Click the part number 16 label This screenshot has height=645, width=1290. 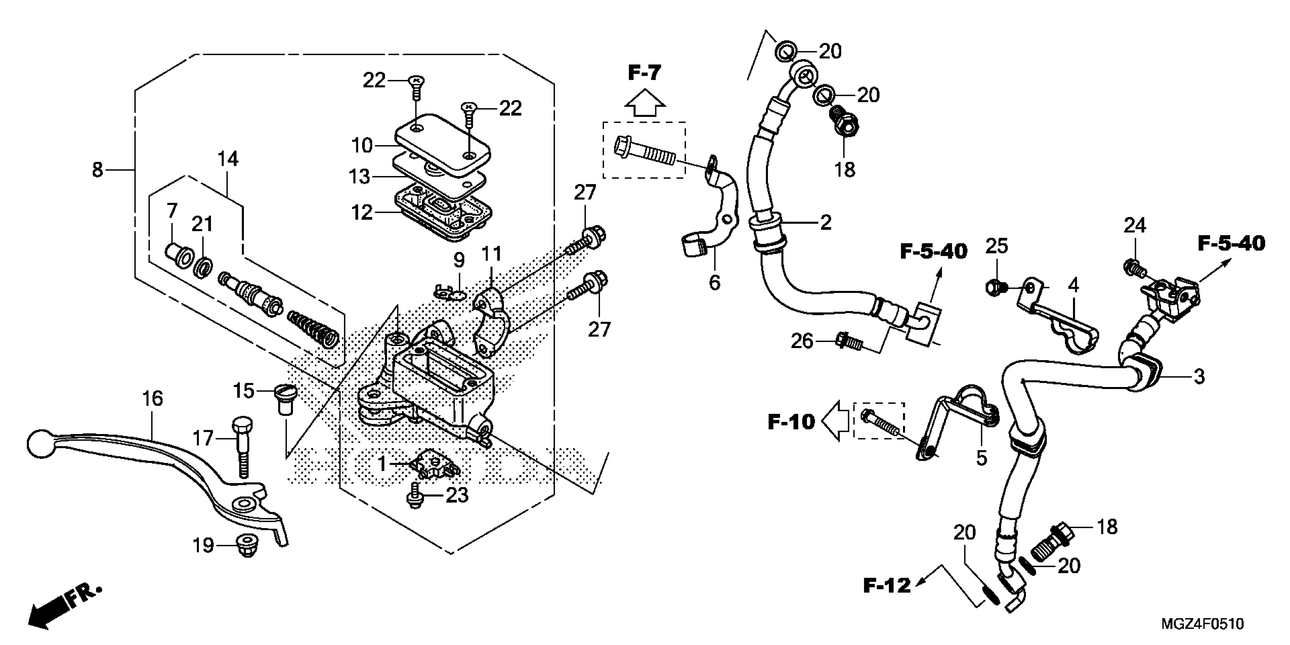[x=153, y=399]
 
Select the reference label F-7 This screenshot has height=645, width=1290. [x=645, y=74]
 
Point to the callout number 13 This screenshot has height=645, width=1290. [x=360, y=176]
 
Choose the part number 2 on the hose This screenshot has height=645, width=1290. [x=825, y=222]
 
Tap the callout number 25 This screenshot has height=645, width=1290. [x=997, y=246]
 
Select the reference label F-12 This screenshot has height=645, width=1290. [x=886, y=585]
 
